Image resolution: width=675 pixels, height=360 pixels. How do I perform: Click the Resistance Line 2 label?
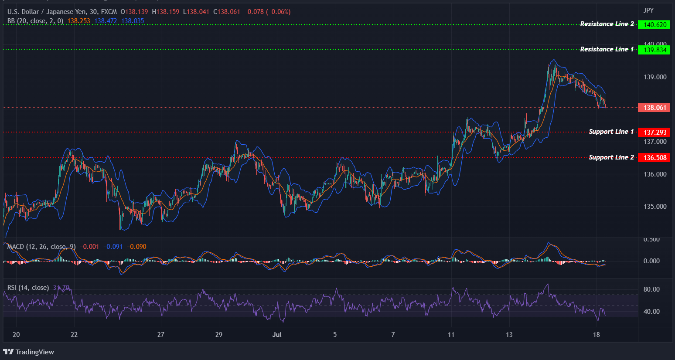tap(607, 24)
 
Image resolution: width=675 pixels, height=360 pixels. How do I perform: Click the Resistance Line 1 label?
tap(607, 49)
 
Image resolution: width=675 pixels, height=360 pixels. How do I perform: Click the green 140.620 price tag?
tap(655, 25)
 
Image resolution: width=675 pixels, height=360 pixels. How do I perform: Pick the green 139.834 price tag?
tap(655, 50)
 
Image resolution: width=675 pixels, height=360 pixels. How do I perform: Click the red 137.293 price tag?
tap(655, 132)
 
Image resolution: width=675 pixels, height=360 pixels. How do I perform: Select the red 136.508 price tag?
tap(655, 158)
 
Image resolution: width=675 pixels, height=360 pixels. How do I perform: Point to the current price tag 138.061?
tap(655, 108)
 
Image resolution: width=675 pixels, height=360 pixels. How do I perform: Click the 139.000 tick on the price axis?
tap(655, 77)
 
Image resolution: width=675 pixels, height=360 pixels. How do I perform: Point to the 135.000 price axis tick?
tap(655, 207)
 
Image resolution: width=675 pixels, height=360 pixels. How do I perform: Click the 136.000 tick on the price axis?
tap(655, 174)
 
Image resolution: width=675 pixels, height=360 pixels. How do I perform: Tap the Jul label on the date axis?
tap(276, 335)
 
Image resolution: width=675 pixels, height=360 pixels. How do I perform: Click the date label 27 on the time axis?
tap(161, 335)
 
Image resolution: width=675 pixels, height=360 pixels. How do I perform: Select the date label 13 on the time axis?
tap(509, 335)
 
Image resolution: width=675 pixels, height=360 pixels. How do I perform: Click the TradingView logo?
tap(29, 352)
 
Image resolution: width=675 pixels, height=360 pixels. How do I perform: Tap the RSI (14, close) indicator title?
tap(28, 288)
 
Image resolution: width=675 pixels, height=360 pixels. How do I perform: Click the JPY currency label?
tap(648, 10)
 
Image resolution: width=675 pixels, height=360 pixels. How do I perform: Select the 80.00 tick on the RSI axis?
tap(651, 289)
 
